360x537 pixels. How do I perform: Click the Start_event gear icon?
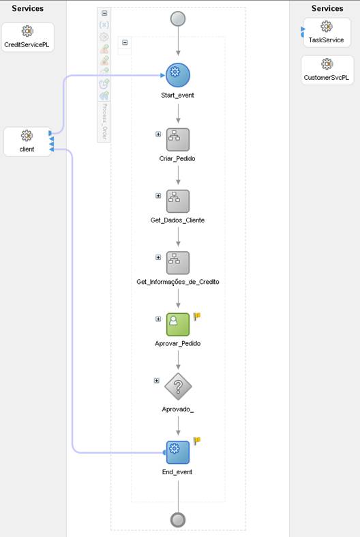click(178, 75)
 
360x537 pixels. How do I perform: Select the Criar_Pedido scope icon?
click(178, 139)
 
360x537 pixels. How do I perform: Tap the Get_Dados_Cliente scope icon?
click(178, 201)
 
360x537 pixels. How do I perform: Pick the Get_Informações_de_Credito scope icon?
click(178, 263)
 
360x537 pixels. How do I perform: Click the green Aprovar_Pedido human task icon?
click(178, 324)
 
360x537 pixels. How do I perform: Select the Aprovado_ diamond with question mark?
click(178, 387)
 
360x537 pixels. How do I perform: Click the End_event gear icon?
click(178, 451)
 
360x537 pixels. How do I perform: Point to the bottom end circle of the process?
click(178, 519)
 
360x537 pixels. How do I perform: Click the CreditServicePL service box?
click(28, 36)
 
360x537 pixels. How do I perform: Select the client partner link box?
click(27, 141)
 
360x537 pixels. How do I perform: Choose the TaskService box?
click(327, 32)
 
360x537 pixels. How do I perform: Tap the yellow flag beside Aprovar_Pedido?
click(197, 316)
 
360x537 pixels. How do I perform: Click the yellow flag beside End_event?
click(197, 441)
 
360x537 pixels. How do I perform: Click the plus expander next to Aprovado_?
click(157, 380)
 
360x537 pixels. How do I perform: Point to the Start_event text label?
click(178, 96)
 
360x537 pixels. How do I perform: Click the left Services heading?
click(28, 9)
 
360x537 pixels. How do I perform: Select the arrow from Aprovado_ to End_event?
click(178, 426)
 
